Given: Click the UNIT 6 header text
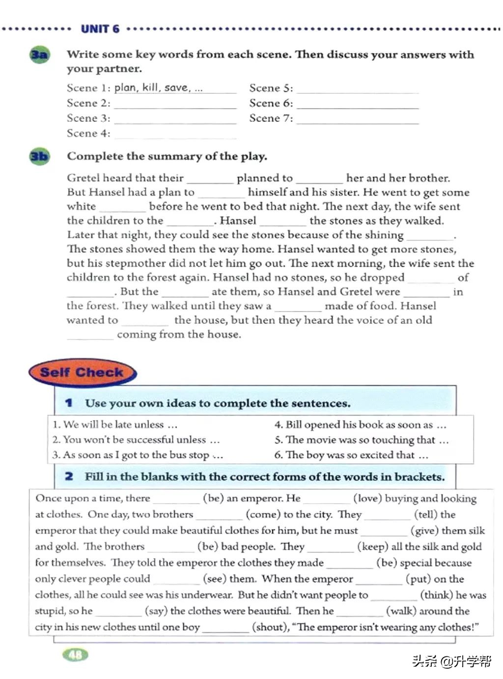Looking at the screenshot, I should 100,28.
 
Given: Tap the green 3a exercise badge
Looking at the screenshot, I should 39,55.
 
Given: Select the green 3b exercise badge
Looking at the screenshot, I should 39,157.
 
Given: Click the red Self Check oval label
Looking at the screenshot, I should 82,372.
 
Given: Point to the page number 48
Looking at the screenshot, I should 76,654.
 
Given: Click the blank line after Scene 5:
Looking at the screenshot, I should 357,90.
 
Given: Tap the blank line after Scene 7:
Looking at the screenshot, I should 357,120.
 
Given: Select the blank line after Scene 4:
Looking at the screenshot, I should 175,136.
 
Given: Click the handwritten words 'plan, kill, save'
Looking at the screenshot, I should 152,87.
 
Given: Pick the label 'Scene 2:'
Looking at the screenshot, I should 88,103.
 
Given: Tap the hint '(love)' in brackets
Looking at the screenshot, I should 367,498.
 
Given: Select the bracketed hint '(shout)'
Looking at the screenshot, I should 270,627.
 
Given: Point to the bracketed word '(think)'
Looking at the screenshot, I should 436,595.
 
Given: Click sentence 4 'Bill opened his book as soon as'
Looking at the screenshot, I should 360,424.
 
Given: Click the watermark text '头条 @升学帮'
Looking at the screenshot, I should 451,661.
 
